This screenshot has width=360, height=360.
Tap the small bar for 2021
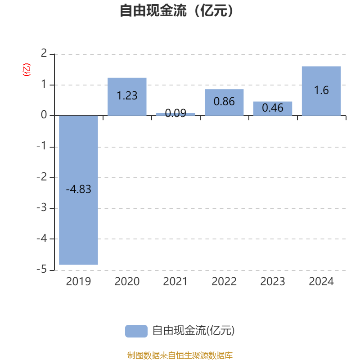[x=175, y=114]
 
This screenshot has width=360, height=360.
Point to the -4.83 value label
[x=79, y=189]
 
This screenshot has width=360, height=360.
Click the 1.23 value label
[x=127, y=96]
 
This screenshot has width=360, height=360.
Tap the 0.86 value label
[x=224, y=102]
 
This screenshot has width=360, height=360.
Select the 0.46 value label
[x=273, y=108]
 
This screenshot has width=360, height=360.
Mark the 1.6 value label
[x=321, y=90]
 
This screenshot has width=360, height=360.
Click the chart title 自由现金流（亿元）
[x=177, y=11]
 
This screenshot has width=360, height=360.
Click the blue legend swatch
[x=136, y=331]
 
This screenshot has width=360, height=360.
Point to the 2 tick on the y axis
[x=44, y=54]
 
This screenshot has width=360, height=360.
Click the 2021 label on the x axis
[x=175, y=282]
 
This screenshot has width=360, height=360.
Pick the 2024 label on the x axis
[x=321, y=282]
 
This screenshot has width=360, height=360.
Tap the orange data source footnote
[x=180, y=355]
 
